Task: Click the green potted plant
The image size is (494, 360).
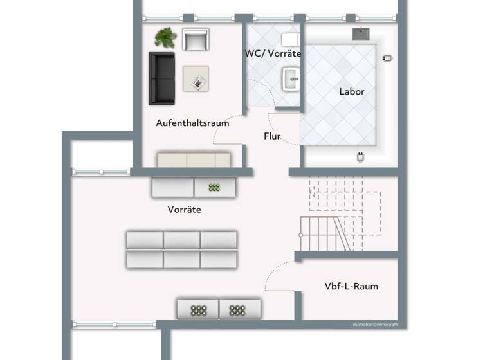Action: [166, 37]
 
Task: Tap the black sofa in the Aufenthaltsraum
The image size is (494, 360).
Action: [162, 78]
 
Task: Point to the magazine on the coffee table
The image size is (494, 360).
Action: [199, 81]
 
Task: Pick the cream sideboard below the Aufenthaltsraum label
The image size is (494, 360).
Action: [194, 160]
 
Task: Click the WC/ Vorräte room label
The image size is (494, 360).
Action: [273, 53]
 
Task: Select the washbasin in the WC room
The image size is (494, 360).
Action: [291, 81]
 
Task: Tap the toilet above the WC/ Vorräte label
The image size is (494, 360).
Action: [289, 40]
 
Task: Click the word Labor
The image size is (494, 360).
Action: [352, 91]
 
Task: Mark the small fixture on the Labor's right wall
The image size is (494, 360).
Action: [387, 58]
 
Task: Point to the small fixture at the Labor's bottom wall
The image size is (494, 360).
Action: [360, 156]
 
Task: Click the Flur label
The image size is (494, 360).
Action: [272, 136]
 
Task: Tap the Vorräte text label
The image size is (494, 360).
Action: [185, 210]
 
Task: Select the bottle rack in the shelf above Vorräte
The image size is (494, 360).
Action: [214, 188]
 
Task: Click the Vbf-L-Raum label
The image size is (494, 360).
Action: [351, 286]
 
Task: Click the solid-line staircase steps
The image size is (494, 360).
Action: [325, 233]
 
